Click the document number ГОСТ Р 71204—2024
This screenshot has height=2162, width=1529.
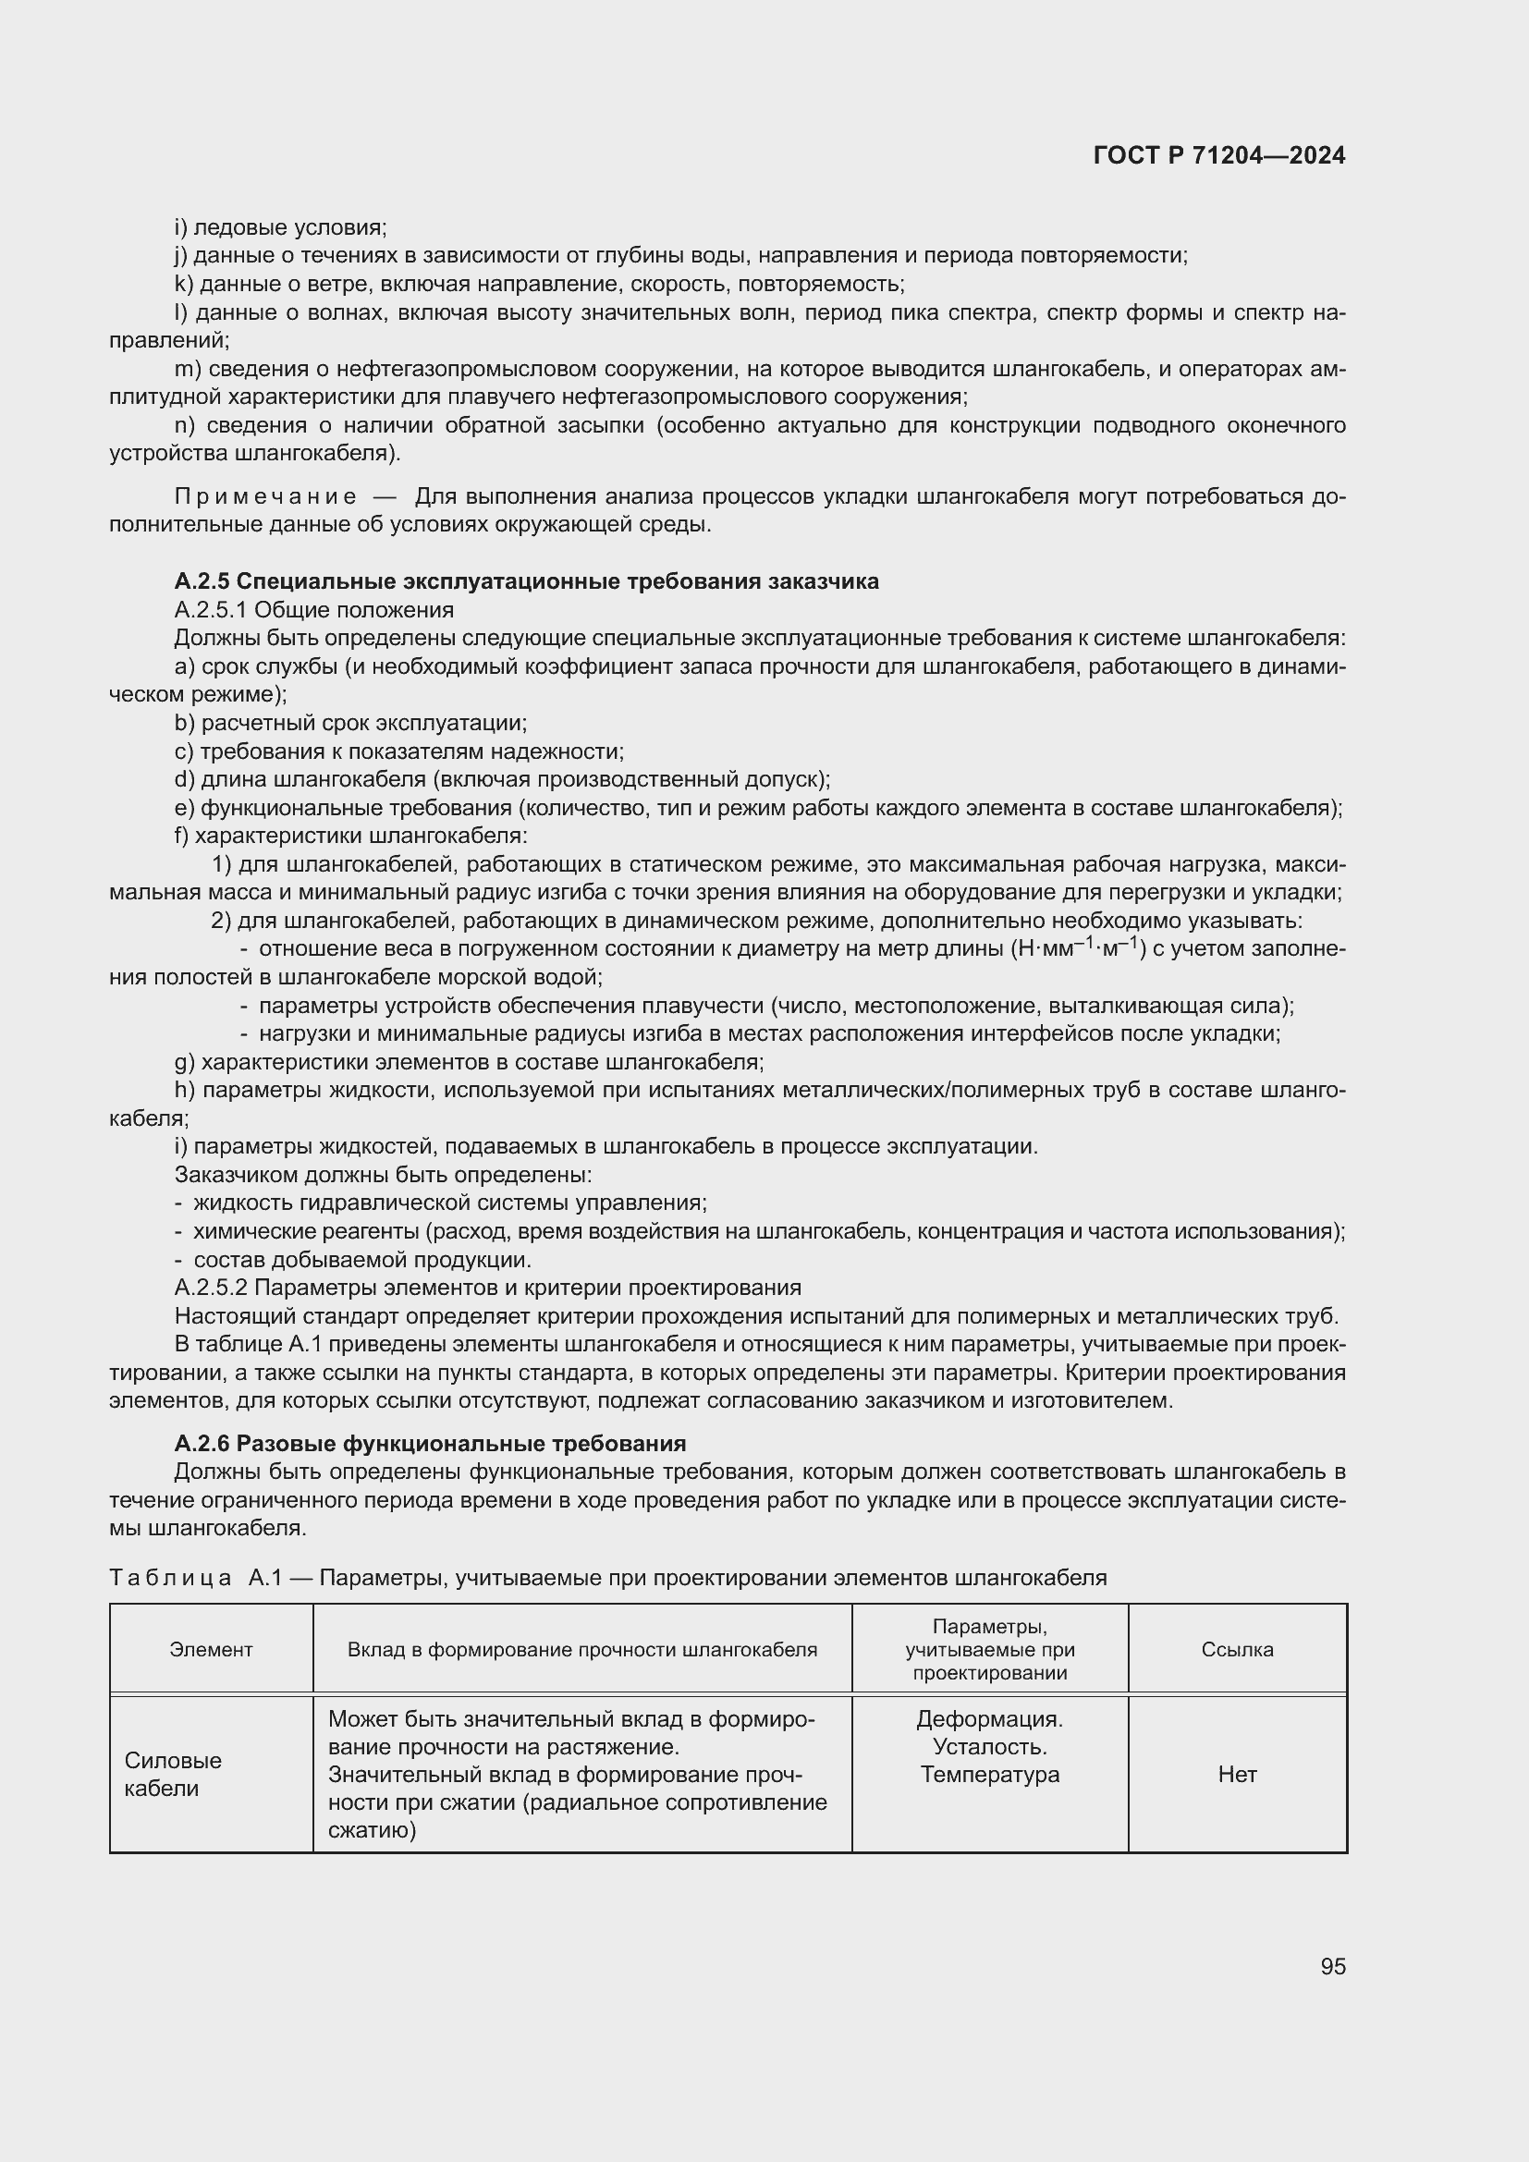tap(1219, 155)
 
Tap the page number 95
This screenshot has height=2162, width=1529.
tap(1332, 1966)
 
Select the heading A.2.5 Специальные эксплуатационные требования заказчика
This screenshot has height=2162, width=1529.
tap(526, 581)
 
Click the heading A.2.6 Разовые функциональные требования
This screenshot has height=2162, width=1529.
tap(430, 1443)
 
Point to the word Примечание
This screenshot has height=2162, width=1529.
tap(265, 496)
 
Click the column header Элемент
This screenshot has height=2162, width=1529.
tap(211, 1649)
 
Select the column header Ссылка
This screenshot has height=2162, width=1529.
tap(1236, 1649)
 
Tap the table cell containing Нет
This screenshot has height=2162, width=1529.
tap(1236, 1774)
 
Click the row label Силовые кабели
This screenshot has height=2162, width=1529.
tap(173, 1774)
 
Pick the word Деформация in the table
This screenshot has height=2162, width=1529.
tap(988, 1718)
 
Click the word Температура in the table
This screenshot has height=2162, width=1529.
tap(988, 1774)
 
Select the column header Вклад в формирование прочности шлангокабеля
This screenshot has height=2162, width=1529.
tap(581, 1649)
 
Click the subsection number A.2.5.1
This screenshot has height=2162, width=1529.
tap(211, 609)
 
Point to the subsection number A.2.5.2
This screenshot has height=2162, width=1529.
tap(211, 1288)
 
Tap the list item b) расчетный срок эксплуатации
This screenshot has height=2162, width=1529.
tap(350, 722)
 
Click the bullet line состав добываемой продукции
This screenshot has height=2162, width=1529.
tap(361, 1259)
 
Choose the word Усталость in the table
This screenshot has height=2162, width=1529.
tap(988, 1747)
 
